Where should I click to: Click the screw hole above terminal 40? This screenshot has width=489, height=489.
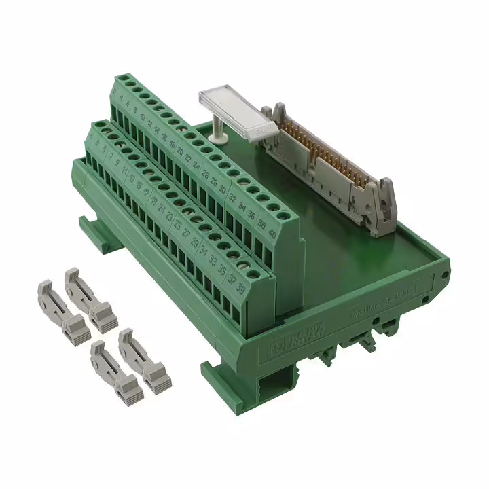[275, 206]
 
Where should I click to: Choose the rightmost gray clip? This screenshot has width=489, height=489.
[145, 360]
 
